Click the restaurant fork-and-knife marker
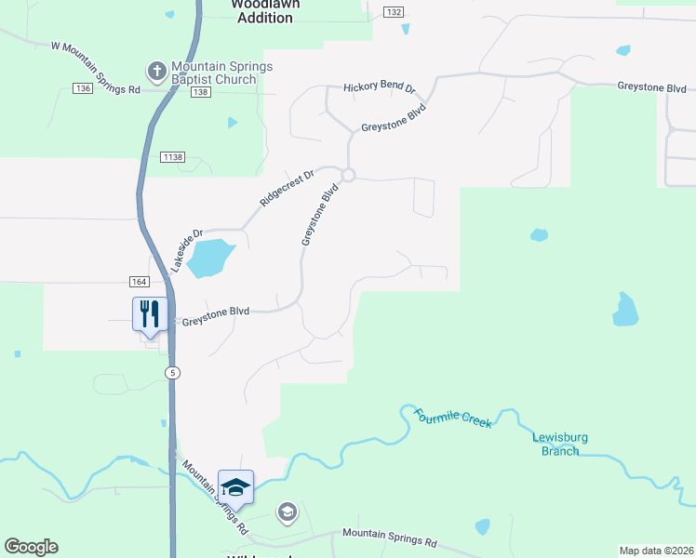[x=149, y=313]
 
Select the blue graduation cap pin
[x=235, y=486]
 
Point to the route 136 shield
[x=82, y=88]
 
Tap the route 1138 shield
[x=171, y=157]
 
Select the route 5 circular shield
[x=173, y=372]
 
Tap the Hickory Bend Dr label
[x=379, y=87]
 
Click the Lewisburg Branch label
[x=560, y=445]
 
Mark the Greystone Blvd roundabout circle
[x=348, y=175]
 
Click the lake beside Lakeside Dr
[x=210, y=258]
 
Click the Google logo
[x=31, y=547]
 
